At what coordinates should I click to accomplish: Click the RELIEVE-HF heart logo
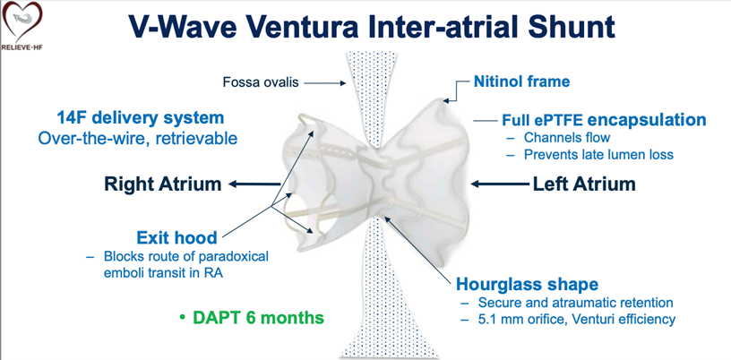[x=21, y=26]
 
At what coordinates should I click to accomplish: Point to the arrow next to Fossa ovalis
[x=322, y=83]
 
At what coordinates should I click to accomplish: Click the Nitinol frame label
[x=521, y=82]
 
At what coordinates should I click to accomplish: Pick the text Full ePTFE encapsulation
[x=604, y=120]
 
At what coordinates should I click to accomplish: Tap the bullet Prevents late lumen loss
[x=598, y=154]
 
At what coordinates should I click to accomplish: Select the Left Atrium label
[x=584, y=184]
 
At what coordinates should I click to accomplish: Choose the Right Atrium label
[x=162, y=184]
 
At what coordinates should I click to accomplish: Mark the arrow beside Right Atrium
[x=254, y=184]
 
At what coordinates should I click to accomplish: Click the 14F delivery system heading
[x=141, y=117]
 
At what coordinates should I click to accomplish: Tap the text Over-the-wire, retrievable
[x=138, y=138]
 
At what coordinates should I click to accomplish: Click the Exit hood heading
[x=176, y=238]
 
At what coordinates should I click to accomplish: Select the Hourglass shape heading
[x=528, y=284]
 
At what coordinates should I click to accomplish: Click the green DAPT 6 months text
[x=252, y=318]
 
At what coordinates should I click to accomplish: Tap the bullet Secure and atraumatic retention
[x=576, y=302]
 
